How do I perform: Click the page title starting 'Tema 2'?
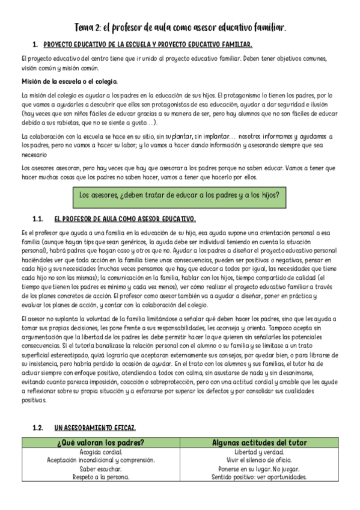pos(180,28)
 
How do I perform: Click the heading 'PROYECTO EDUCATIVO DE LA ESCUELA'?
pos(148,45)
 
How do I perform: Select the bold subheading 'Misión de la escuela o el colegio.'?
pos(69,81)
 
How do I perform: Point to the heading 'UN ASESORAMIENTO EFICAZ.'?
pos(95,428)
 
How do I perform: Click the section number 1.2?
pos(38,428)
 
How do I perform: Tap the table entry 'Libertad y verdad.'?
pos(259,452)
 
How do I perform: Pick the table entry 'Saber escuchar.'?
pos(100,469)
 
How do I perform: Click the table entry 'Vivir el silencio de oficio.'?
pos(259,460)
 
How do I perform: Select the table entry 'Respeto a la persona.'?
pos(100,477)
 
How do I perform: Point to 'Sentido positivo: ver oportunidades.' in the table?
pos(259,477)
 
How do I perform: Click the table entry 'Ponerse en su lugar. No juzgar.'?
pos(259,469)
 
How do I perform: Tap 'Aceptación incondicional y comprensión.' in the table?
pos(100,460)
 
